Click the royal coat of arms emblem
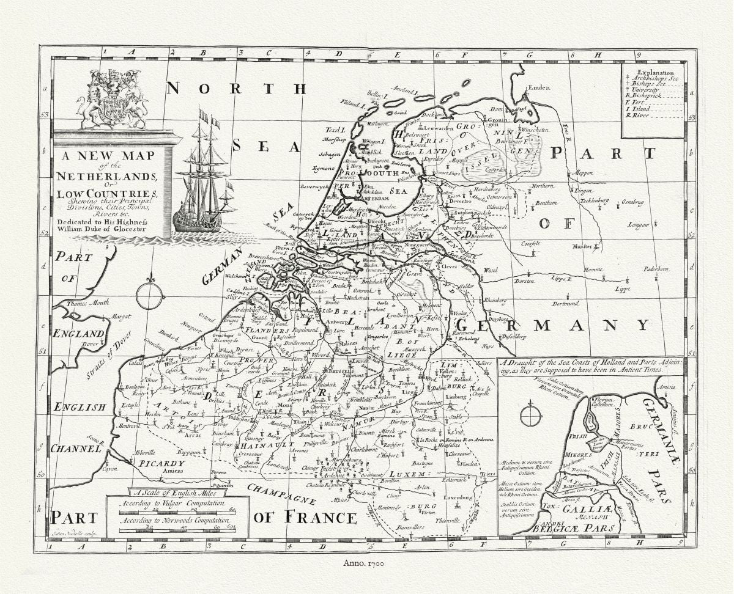click(113, 99)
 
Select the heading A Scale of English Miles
click(176, 491)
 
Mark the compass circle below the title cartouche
click(150, 295)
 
